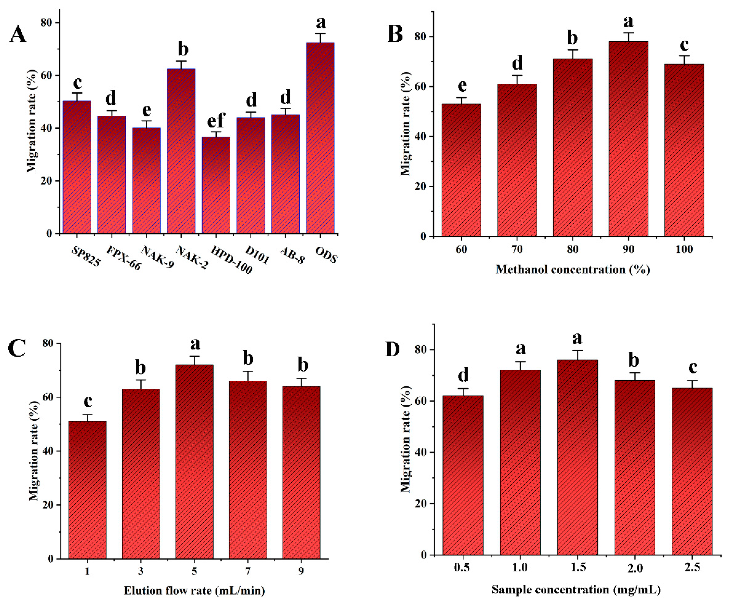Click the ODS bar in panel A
click(x=320, y=139)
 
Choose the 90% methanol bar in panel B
click(x=628, y=139)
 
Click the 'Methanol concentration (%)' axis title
click(x=572, y=270)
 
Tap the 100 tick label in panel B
click(x=684, y=249)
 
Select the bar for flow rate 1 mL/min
click(x=87, y=490)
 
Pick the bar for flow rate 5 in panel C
click(x=194, y=462)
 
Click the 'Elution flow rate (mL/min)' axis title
click(x=194, y=590)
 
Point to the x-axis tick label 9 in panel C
click(x=301, y=571)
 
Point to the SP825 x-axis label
click(x=85, y=257)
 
